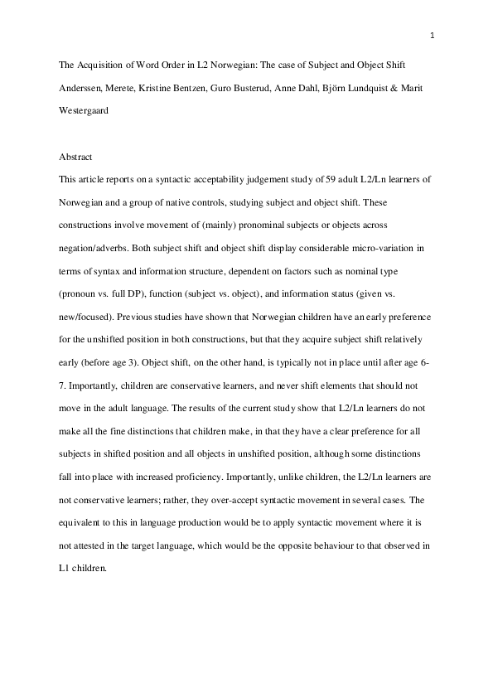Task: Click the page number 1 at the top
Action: [x=433, y=35]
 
